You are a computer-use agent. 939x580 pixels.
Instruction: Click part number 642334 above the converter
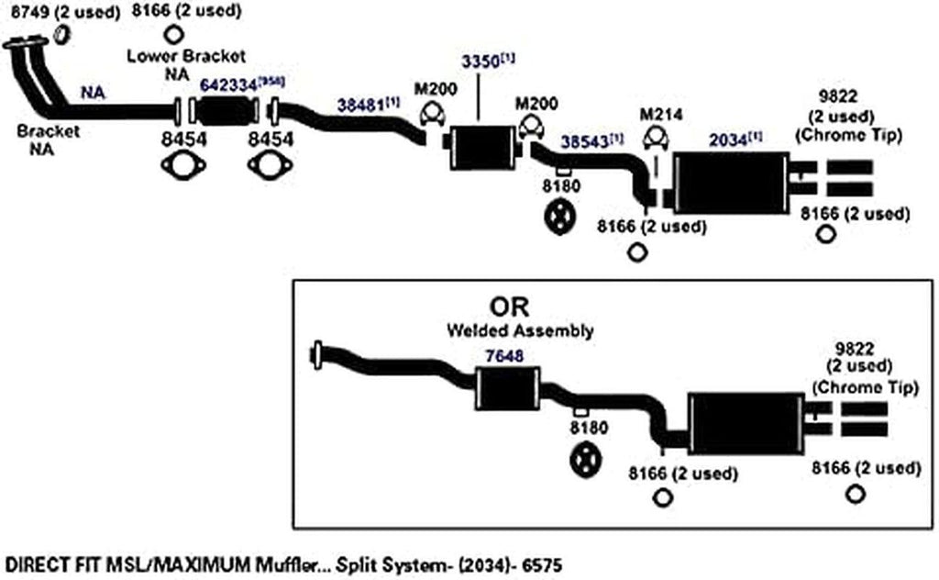(x=228, y=84)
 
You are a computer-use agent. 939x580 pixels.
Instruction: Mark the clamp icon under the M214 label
(x=654, y=139)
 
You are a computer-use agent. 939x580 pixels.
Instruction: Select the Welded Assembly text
(x=520, y=330)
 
